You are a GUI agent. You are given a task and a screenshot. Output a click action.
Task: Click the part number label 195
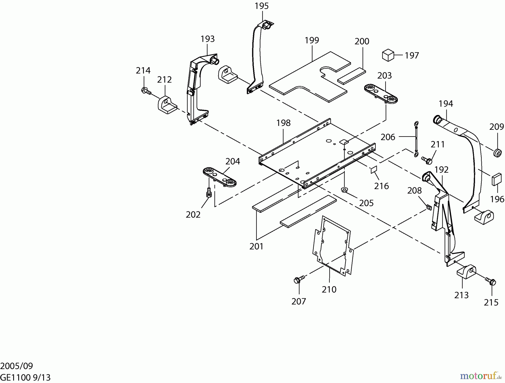261,6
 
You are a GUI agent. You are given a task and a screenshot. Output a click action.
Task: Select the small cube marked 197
388,55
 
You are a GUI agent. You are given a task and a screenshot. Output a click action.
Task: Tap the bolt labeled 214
146,91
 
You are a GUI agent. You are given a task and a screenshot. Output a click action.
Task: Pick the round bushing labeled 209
497,153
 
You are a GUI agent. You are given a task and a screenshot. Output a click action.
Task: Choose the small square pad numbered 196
496,179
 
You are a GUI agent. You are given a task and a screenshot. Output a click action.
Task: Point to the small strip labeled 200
352,76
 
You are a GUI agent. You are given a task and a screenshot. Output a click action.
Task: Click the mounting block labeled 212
167,105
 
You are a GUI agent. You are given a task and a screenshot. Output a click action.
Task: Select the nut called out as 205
344,190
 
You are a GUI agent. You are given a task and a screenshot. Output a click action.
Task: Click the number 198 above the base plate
283,123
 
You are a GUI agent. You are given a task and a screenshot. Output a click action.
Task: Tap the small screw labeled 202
209,193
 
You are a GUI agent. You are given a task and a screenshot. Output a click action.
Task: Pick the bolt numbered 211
427,160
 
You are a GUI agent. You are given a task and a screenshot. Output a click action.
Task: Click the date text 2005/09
17,366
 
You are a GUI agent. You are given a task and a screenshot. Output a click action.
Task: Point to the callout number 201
256,246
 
